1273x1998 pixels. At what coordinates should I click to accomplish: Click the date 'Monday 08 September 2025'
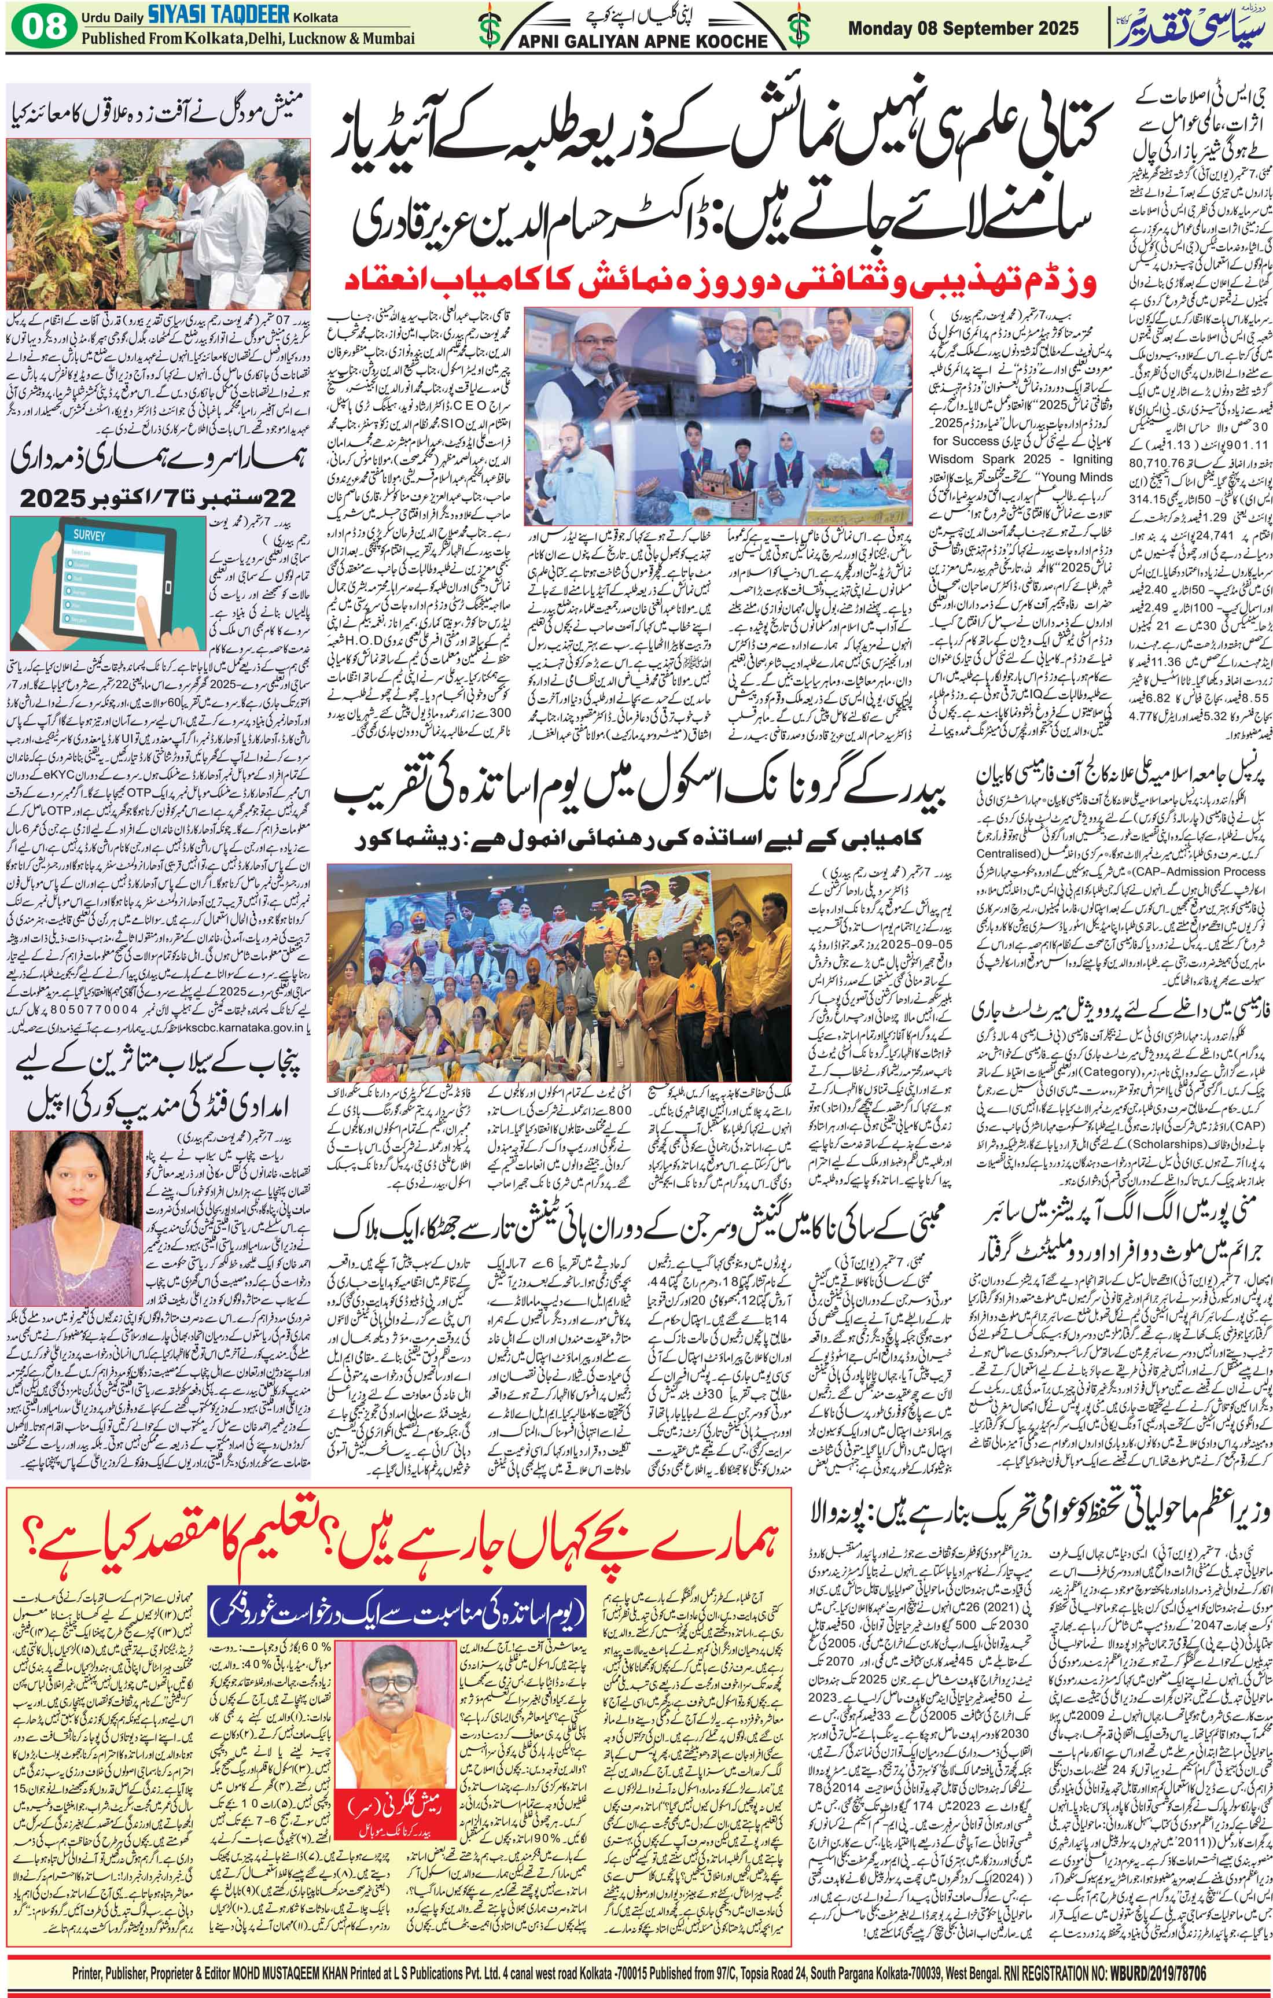pos(963,28)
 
